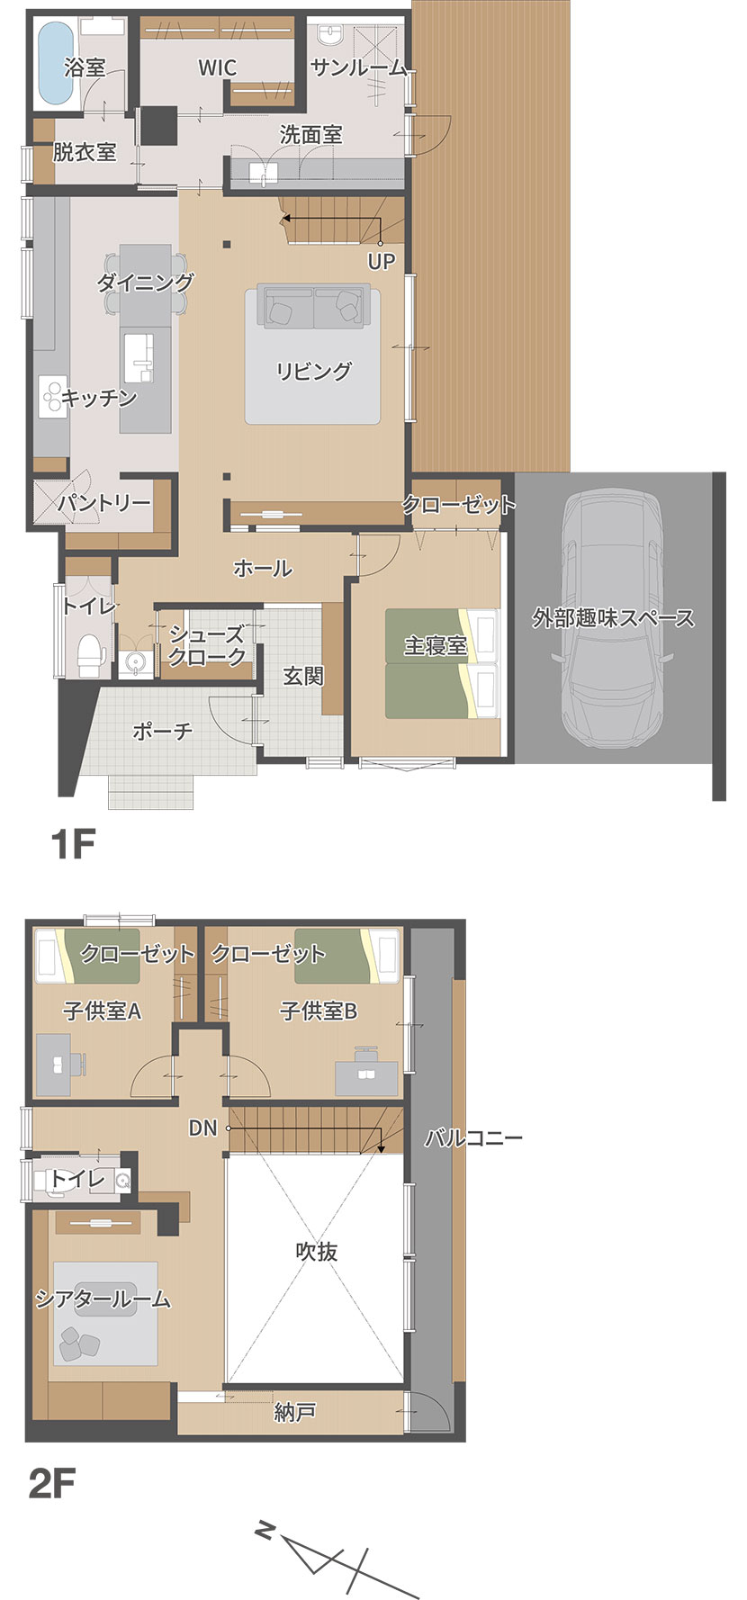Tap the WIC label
click(x=217, y=67)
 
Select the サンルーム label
click(x=358, y=67)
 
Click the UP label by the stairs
click(x=382, y=262)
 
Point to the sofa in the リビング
click(x=313, y=306)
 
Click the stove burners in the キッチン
click(x=52, y=393)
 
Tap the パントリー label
click(x=104, y=503)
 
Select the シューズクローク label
click(x=207, y=645)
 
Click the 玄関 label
click(x=303, y=676)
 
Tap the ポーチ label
click(x=163, y=730)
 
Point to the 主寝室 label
click(x=435, y=646)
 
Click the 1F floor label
click(x=73, y=845)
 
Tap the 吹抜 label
click(x=317, y=1251)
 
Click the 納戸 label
click(x=294, y=1412)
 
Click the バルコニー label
click(x=473, y=1138)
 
